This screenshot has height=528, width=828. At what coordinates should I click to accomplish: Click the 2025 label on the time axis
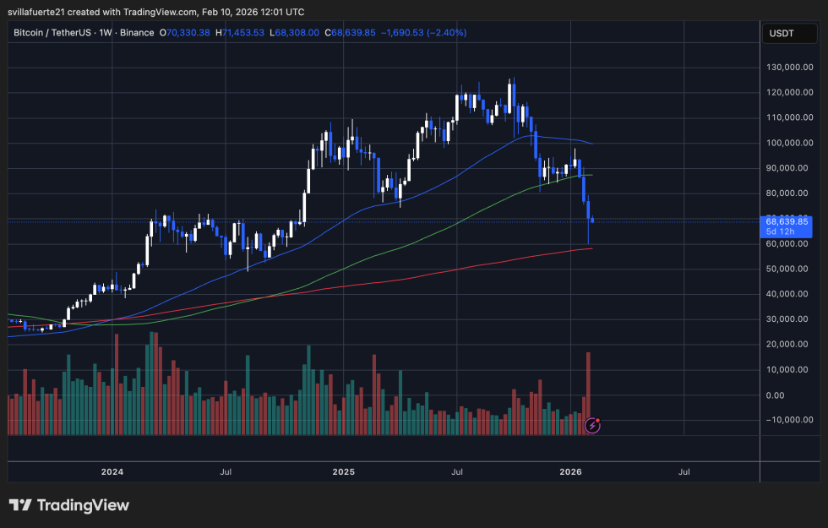click(343, 472)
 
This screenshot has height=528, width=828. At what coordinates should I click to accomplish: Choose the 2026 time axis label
click(571, 472)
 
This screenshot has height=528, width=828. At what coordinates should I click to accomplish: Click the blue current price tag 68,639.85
click(787, 221)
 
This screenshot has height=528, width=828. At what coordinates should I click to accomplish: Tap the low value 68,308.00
click(297, 32)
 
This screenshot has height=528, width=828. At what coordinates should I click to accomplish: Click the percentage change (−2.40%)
click(448, 32)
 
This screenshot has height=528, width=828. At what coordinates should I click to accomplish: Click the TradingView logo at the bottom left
click(69, 505)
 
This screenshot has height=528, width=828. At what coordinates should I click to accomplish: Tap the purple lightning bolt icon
click(593, 426)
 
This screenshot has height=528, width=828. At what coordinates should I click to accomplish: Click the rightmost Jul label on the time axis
click(684, 472)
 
